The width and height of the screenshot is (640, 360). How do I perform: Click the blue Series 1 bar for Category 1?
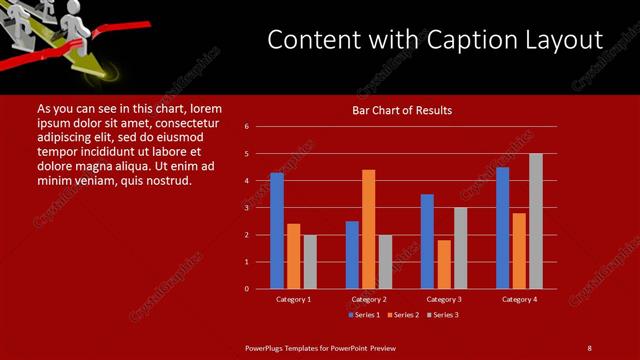click(277, 231)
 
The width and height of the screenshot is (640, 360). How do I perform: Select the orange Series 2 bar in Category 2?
click(369, 229)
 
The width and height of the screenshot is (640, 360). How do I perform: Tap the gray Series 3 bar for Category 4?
click(536, 221)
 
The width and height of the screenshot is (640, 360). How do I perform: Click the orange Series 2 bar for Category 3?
click(444, 264)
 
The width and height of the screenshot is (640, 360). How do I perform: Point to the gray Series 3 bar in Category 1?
click(310, 262)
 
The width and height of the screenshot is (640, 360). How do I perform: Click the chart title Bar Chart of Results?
click(402, 110)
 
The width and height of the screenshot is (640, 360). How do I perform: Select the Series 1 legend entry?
click(364, 315)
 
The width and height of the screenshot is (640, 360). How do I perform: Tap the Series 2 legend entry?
click(403, 315)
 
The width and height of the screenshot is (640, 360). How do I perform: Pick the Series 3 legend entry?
click(442, 315)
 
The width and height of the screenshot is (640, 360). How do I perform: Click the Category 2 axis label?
click(369, 299)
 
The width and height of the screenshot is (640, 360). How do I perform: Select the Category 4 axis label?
click(519, 299)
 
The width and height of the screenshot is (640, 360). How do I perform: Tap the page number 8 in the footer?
click(590, 347)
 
